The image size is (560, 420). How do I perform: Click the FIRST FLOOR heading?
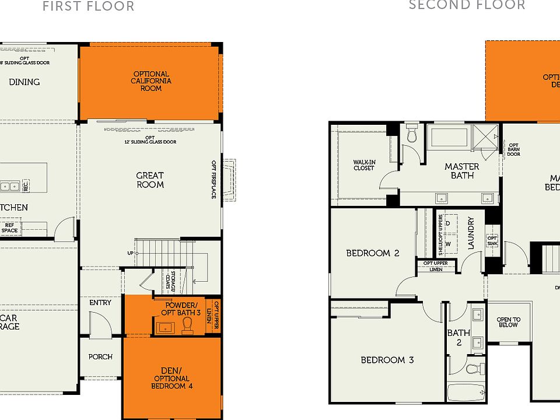click(x=89, y=6)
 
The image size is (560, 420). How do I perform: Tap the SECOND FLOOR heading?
click(x=467, y=5)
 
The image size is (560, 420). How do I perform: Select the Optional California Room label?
click(x=150, y=81)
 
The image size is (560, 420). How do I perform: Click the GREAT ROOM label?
click(x=150, y=180)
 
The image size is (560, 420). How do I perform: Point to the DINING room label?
click(x=24, y=82)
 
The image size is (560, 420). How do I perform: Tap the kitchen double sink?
click(x=9, y=187)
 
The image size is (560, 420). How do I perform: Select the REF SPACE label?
click(x=10, y=228)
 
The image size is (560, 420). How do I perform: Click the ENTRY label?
click(x=100, y=303)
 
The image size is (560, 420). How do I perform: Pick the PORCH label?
click(x=100, y=356)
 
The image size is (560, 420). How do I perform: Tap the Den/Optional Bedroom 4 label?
click(x=172, y=378)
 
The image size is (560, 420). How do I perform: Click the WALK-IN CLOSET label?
click(x=363, y=165)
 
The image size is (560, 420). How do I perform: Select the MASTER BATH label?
click(x=462, y=171)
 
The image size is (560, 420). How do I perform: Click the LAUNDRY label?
click(x=471, y=233)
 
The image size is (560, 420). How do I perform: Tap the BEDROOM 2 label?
click(x=372, y=253)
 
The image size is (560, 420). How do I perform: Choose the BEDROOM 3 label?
click(x=387, y=360)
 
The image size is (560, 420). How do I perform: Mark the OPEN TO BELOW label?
click(x=508, y=322)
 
